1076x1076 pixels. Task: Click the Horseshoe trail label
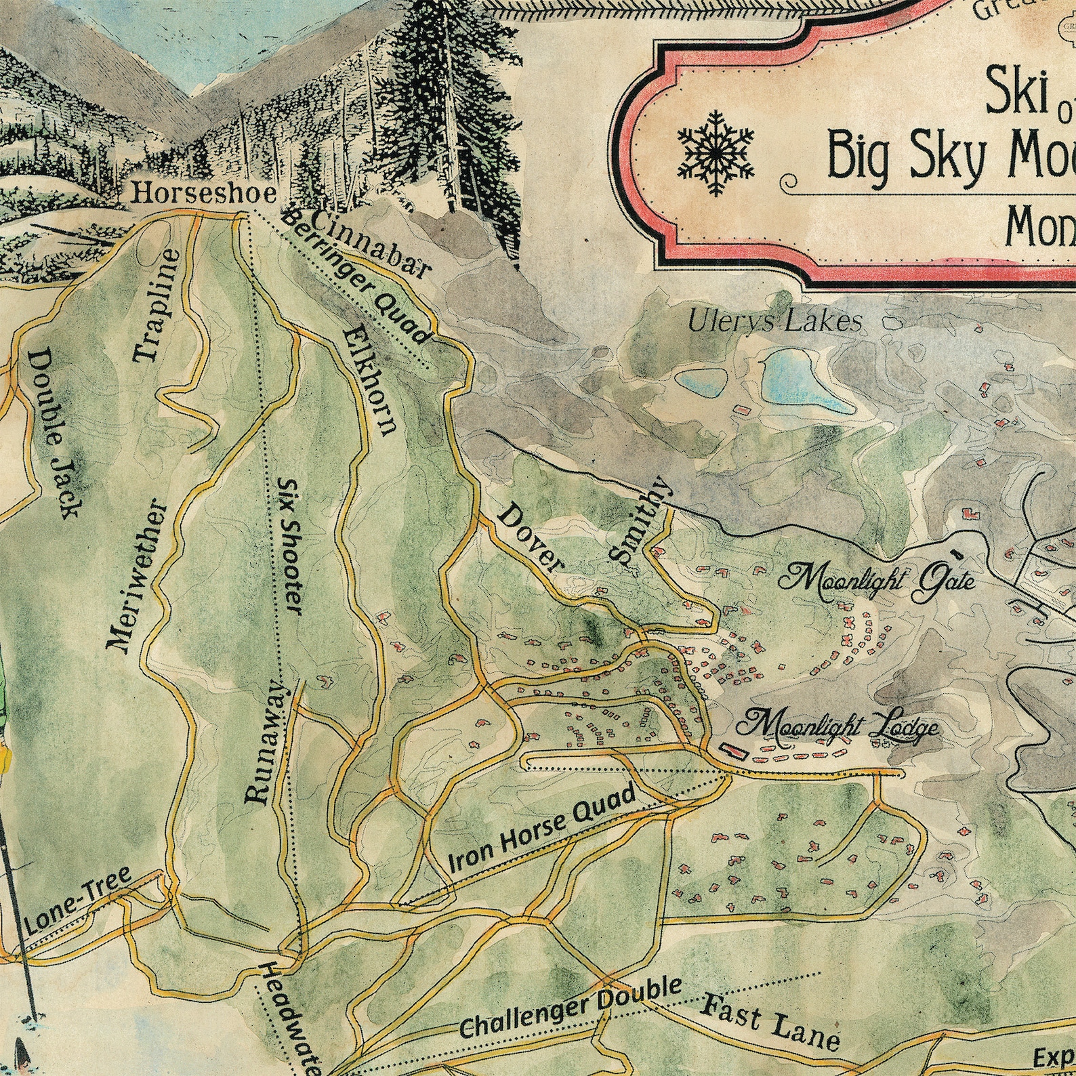[x=204, y=194]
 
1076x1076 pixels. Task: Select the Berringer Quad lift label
[x=355, y=277]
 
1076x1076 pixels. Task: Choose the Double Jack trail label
[x=54, y=434]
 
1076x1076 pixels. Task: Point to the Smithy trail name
[x=639, y=521]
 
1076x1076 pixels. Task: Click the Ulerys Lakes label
[x=775, y=321]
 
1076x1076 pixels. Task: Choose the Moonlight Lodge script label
[x=837, y=726]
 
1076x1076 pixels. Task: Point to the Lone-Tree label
[x=77, y=901]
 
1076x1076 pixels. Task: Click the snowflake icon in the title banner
[x=716, y=152]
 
